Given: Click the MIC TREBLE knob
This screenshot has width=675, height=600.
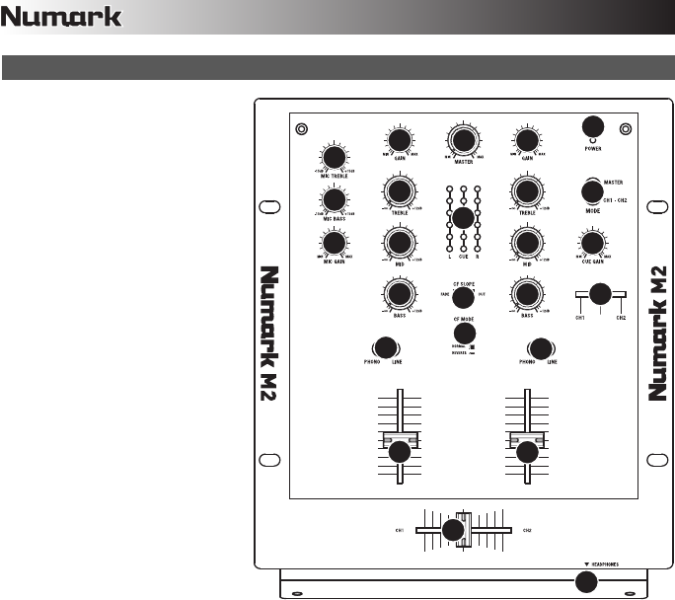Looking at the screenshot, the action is click(335, 158).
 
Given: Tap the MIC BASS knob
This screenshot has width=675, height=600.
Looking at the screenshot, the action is click(335, 200).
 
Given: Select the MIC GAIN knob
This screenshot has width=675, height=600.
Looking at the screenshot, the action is click(335, 243).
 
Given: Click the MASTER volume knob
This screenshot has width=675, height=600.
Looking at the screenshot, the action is click(461, 137).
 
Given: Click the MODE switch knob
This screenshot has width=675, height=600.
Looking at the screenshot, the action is click(592, 190).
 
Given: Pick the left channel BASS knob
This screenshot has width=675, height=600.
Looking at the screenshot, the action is click(399, 293).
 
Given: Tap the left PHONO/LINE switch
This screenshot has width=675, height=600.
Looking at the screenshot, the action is click(385, 347).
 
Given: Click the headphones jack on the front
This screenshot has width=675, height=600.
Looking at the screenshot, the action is click(587, 581).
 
